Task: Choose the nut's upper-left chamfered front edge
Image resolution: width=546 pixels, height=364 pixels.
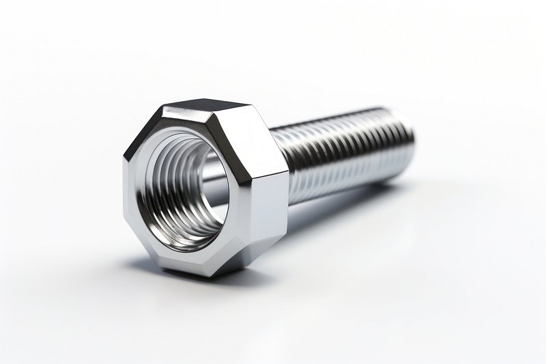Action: [x=140, y=133]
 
